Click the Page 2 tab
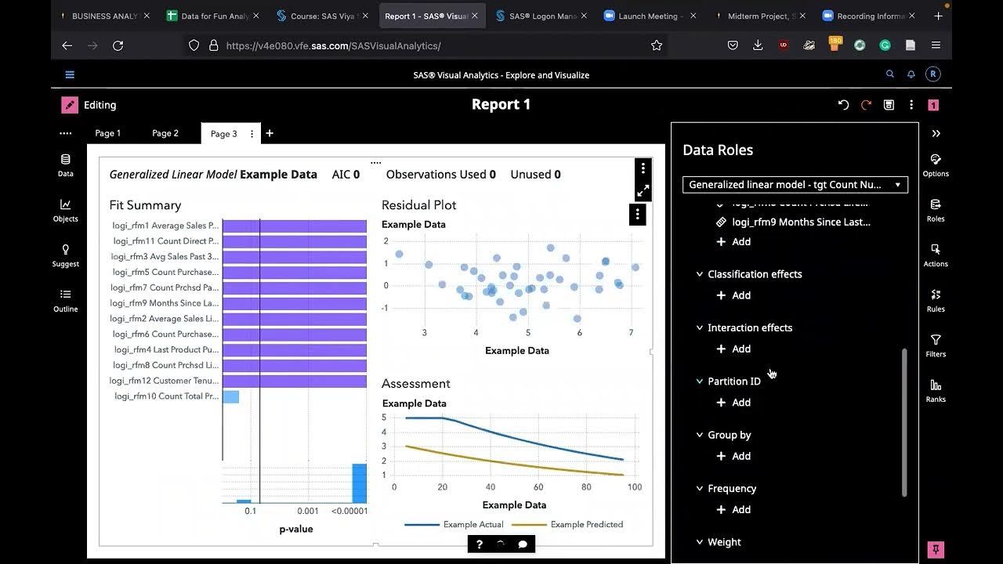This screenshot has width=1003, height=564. pyautogui.click(x=165, y=133)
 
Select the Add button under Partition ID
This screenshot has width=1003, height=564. pyautogui.click(x=733, y=403)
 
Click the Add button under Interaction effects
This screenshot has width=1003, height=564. pyautogui.click(x=733, y=349)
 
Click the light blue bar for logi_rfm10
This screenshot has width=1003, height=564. pyautogui.click(x=231, y=397)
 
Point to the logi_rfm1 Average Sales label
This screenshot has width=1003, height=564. pyautogui.click(x=165, y=226)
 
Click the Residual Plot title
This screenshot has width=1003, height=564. pyautogui.click(x=418, y=205)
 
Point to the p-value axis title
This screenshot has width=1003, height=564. pyautogui.click(x=296, y=530)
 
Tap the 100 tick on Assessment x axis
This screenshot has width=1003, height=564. pyautogui.click(x=634, y=487)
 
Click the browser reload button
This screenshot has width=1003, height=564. pyautogui.click(x=118, y=46)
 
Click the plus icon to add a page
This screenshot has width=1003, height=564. pyautogui.click(x=270, y=133)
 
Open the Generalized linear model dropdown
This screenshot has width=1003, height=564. pyautogui.click(x=795, y=185)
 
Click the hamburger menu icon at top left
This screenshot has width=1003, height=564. pyautogui.click(x=70, y=75)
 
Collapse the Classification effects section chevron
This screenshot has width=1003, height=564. pyautogui.click(x=700, y=274)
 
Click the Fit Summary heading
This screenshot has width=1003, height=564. pyautogui.click(x=145, y=205)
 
